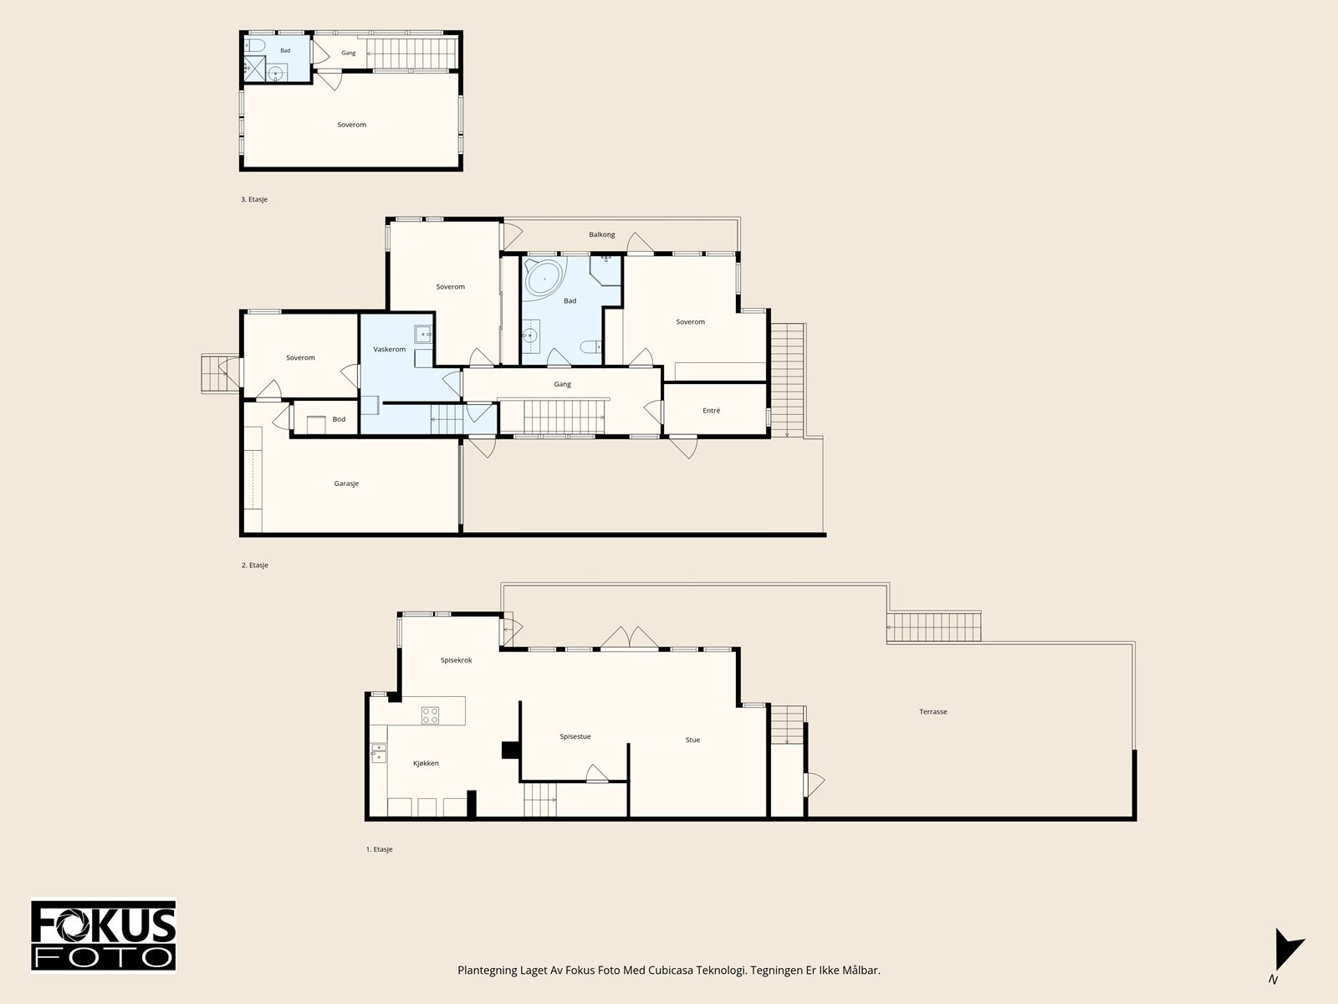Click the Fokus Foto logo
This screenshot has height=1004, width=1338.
[x=103, y=935]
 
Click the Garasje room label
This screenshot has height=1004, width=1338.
[x=346, y=484]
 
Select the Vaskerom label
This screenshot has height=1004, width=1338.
[x=390, y=349]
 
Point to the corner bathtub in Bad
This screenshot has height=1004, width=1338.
[x=545, y=279]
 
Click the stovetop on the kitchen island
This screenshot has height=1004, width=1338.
[x=431, y=715]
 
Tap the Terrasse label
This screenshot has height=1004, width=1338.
[x=933, y=711]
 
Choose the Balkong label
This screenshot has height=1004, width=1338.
[x=601, y=235]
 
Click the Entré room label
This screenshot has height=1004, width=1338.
[x=712, y=411]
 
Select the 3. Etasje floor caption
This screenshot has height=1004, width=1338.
[x=254, y=199]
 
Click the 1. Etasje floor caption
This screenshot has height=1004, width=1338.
[x=379, y=849]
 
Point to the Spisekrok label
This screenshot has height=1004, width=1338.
[x=456, y=660]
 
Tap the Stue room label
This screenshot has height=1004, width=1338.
[x=692, y=740]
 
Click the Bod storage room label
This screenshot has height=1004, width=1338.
[x=339, y=419]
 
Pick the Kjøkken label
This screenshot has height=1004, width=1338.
[x=426, y=763]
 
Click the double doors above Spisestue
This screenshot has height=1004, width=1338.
[x=629, y=638]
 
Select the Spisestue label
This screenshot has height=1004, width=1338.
[x=575, y=736]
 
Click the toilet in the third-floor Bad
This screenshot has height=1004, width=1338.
[x=255, y=45]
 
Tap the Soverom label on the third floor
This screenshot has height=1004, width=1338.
[x=352, y=125]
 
